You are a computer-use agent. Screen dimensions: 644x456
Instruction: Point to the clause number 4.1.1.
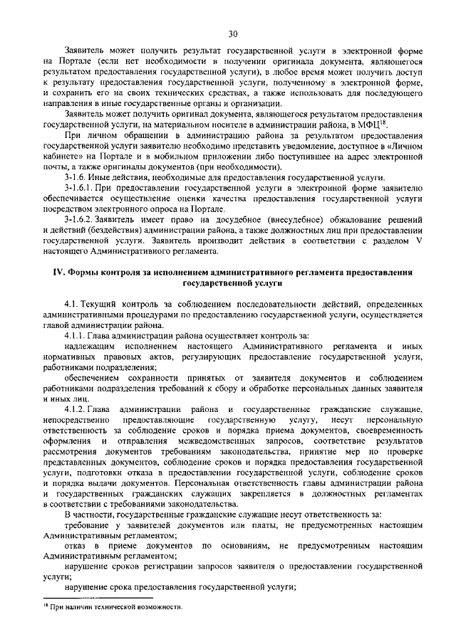pyautogui.click(x=76, y=336)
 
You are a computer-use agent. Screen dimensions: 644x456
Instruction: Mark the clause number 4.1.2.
pyautogui.click(x=76, y=410)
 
